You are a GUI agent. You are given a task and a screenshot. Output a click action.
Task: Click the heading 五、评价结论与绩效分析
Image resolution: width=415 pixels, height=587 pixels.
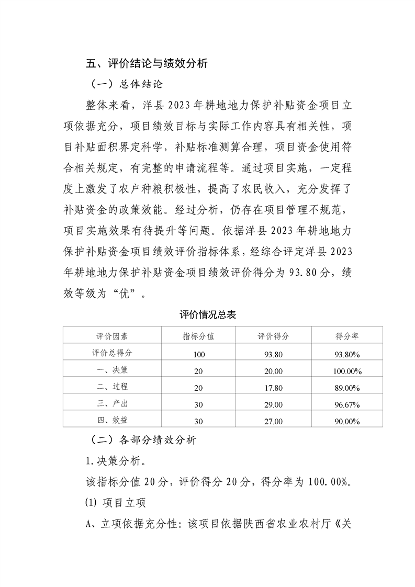(x=147, y=64)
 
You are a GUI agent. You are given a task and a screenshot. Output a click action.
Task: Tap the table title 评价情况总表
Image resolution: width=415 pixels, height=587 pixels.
(x=208, y=314)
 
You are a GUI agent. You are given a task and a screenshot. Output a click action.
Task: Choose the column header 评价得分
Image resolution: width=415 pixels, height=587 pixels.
(x=273, y=336)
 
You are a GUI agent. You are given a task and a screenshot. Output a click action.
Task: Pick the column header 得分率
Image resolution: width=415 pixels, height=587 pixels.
(x=347, y=336)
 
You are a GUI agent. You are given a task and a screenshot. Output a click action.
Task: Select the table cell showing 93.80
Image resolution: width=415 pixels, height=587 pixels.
(x=273, y=354)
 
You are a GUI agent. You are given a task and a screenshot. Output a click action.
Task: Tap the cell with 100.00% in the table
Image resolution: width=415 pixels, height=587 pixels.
(x=347, y=371)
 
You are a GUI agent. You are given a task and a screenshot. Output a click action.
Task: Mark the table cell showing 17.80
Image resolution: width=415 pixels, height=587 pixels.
(x=273, y=388)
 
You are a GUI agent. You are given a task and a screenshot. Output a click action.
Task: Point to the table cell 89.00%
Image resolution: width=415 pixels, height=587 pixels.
(x=347, y=388)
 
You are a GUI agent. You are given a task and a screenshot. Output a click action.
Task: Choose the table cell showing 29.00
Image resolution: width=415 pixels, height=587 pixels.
(x=273, y=404)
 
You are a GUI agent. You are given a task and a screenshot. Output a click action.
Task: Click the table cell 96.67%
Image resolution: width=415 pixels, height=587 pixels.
(x=347, y=404)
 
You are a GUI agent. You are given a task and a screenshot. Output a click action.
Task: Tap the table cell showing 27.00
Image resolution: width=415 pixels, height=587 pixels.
(x=273, y=421)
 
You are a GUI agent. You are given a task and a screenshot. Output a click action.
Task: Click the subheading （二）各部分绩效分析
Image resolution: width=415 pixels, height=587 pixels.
(x=141, y=440)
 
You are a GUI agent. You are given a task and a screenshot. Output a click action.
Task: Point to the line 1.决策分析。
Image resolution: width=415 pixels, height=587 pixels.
(x=116, y=461)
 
